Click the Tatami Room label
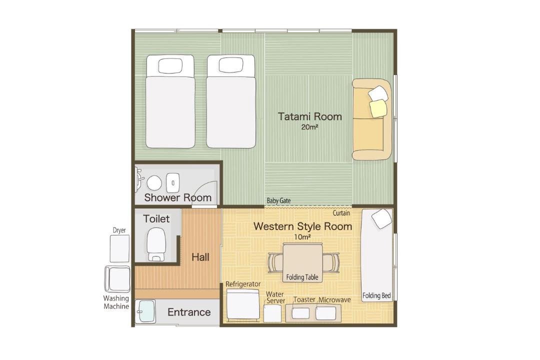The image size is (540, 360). point(310,116)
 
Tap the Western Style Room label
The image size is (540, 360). point(302,226)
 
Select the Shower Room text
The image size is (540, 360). point(177,197)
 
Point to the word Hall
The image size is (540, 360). point(200,257)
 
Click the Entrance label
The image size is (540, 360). point(189,312)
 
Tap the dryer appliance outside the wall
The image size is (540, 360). point(119,248)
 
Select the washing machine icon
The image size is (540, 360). point(117,278)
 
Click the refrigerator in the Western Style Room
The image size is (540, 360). point(243,305)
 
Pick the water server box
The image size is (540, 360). point(272,313)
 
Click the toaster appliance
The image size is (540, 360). point(300,313)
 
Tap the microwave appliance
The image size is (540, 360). point(326,313)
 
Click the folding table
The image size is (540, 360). point(302,262)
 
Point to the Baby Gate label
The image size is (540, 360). point(278,200)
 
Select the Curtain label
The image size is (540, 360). point(341,213)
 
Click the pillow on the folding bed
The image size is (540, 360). point(381,218)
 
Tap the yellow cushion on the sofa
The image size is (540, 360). point(378,108)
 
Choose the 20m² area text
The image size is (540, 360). point(309,127)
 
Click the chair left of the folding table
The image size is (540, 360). point(275,263)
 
